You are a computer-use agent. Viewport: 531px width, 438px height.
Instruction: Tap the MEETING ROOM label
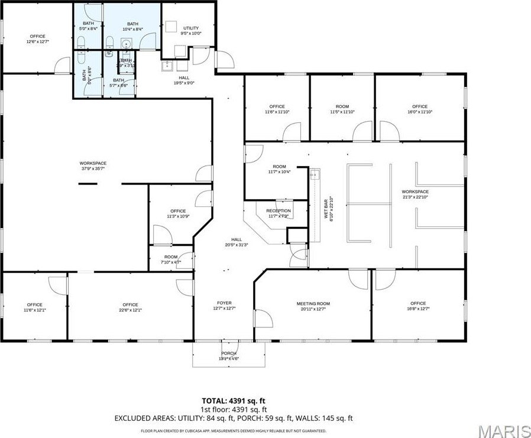tap(313, 304)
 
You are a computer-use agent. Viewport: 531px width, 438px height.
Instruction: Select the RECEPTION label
tap(279, 211)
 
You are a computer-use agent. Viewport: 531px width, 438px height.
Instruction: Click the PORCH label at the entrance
tap(229, 354)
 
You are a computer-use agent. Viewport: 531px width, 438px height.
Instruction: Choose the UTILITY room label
tap(191, 28)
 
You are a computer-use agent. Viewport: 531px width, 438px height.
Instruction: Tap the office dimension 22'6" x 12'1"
tap(130, 310)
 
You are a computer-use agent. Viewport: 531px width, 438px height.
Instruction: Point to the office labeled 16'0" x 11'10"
tap(420, 112)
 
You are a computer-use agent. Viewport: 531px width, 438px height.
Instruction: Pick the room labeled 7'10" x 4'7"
tap(171, 262)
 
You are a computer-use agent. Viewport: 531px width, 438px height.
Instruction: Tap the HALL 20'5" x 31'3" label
tap(236, 245)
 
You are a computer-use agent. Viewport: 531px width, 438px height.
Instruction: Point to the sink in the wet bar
tap(316, 174)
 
